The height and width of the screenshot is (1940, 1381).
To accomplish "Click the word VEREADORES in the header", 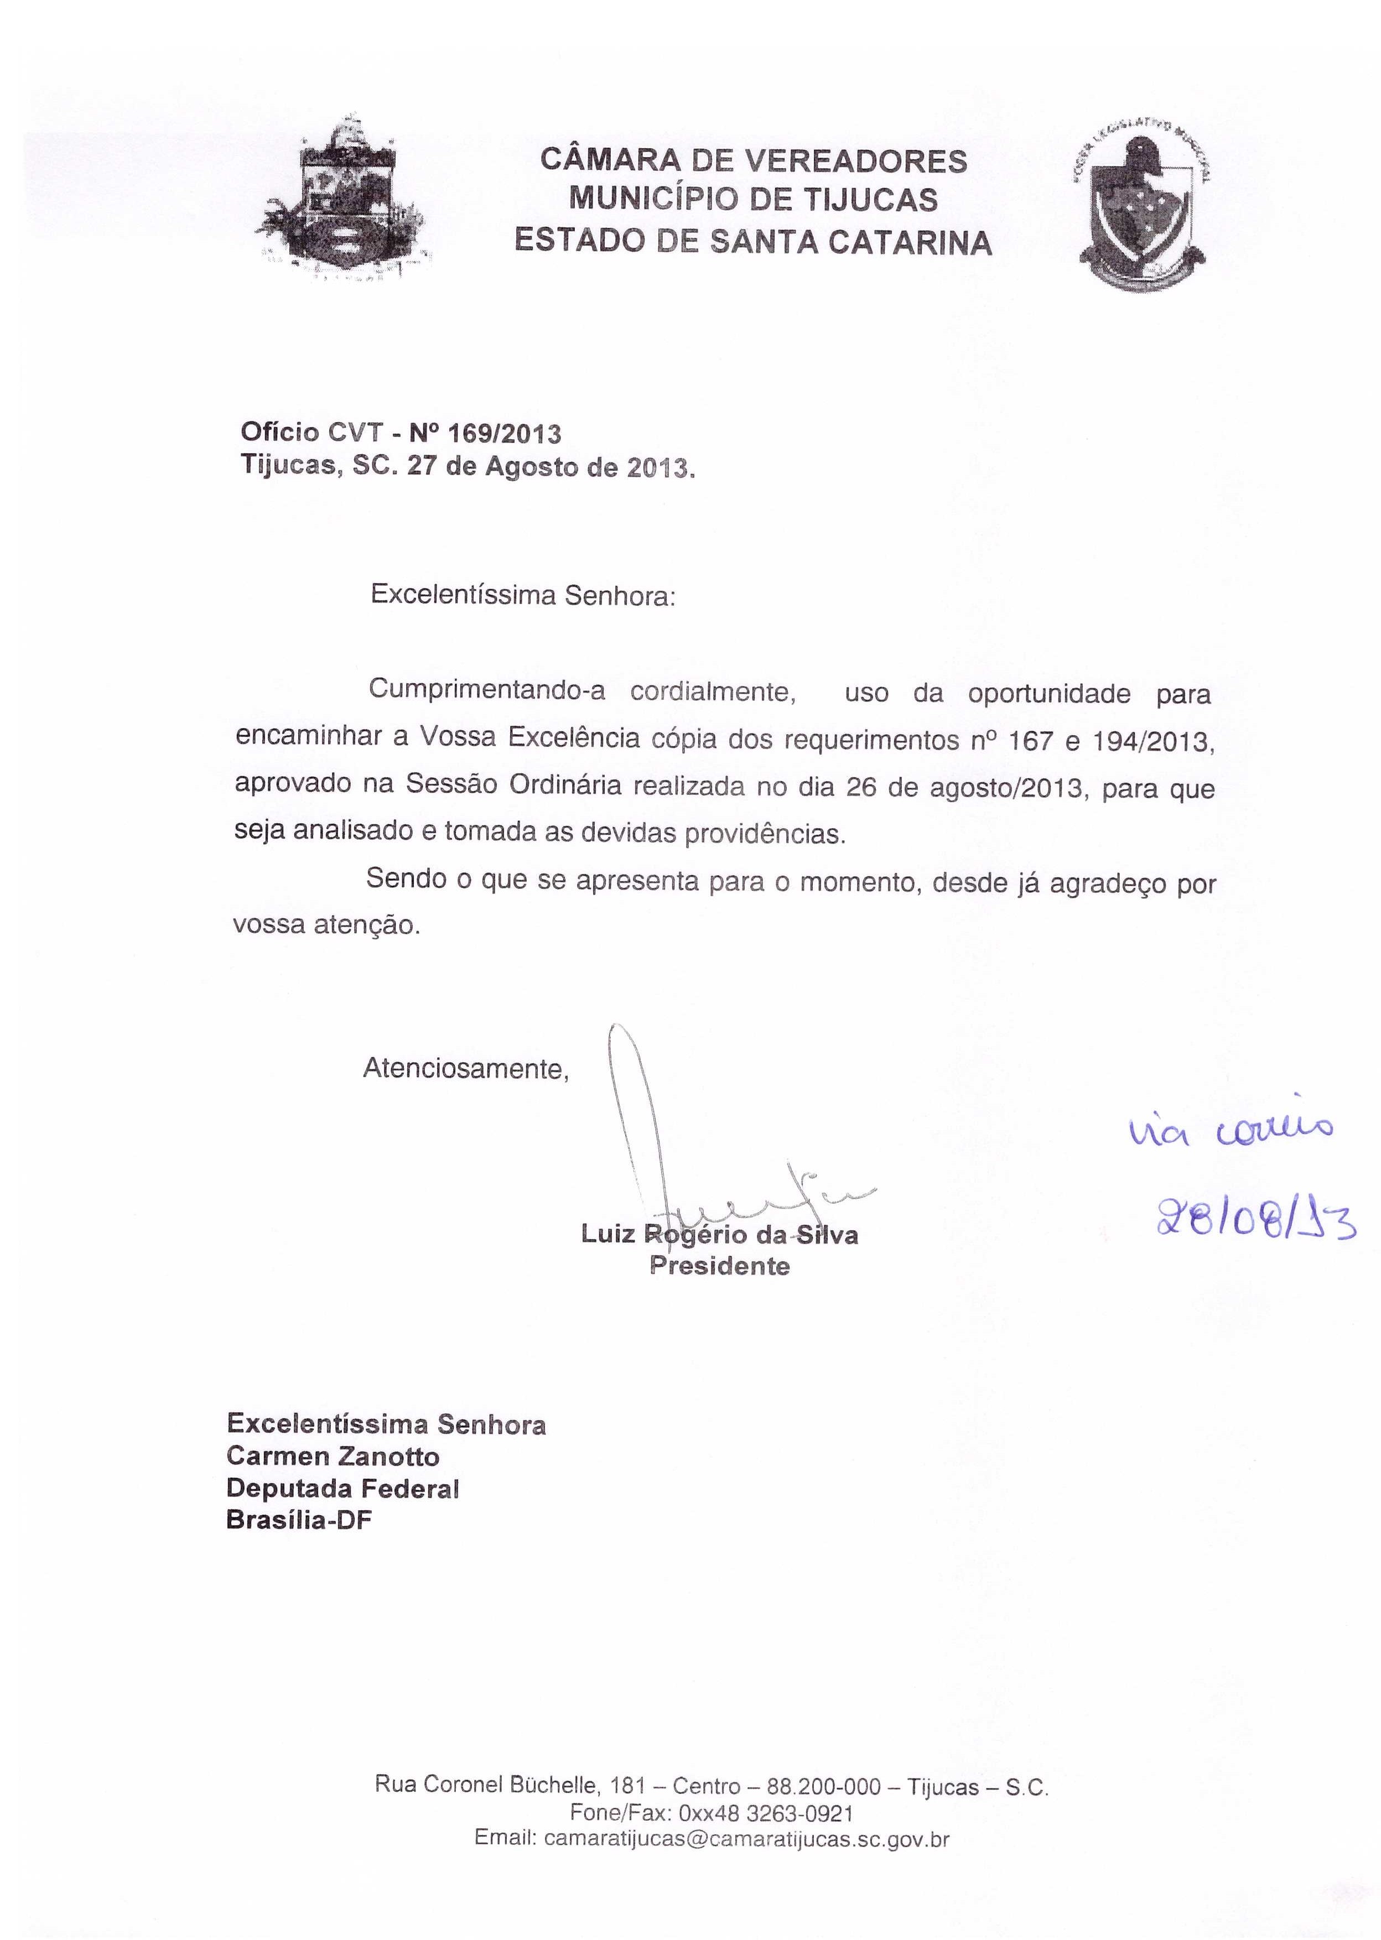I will tap(855, 160).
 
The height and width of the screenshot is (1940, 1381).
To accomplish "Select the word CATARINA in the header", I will tap(910, 243).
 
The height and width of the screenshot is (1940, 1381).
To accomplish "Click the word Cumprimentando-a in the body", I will tap(486, 690).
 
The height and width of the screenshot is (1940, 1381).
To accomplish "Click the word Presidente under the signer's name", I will tap(719, 1266).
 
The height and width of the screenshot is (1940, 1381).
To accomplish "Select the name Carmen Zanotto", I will tap(333, 1457).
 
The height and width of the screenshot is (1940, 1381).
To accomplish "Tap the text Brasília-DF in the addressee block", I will tap(299, 1520).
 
